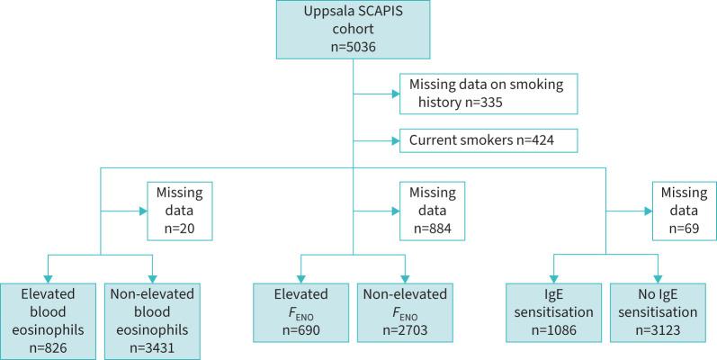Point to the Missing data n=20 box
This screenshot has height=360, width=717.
(x=178, y=212)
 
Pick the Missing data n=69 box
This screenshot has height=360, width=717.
(x=682, y=212)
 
